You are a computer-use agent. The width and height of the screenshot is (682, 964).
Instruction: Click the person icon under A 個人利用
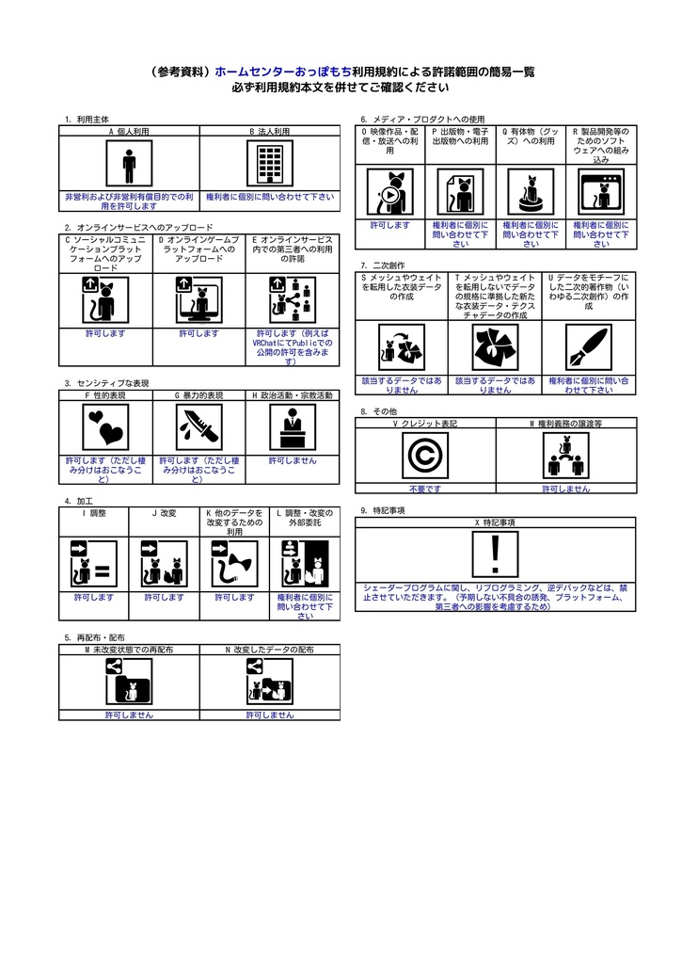[x=129, y=166]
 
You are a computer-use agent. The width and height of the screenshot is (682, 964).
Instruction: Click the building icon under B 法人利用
[x=269, y=166]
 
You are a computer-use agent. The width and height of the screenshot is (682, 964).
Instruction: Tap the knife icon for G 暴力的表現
[x=198, y=430]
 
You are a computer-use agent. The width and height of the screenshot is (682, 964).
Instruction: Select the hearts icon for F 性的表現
[x=104, y=430]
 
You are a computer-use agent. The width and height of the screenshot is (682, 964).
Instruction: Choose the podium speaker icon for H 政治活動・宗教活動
[x=292, y=430]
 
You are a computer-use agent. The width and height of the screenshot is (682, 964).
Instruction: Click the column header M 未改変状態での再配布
[x=129, y=650]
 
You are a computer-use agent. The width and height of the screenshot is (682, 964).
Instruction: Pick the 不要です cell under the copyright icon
[x=424, y=490]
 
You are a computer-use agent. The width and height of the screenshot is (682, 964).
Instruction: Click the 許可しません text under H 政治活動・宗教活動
[x=293, y=461]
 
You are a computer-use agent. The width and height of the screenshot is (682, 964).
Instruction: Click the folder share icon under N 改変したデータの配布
[x=269, y=683]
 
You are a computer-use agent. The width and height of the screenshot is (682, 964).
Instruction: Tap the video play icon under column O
[x=389, y=192]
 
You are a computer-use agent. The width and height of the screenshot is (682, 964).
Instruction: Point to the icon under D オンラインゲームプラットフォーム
[x=198, y=300]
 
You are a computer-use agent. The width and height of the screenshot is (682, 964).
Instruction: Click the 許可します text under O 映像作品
[x=389, y=226]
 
